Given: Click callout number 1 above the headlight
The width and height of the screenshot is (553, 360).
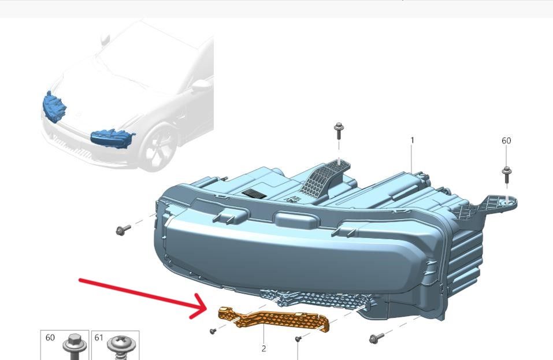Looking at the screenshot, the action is (x=412, y=140).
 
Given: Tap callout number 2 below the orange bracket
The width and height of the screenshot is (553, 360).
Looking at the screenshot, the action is (x=264, y=348).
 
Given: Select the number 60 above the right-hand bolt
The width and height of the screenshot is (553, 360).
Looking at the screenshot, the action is (x=506, y=140).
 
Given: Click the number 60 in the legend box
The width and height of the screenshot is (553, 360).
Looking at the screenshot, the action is (x=50, y=337).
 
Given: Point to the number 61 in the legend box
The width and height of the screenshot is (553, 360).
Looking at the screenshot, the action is (x=99, y=337).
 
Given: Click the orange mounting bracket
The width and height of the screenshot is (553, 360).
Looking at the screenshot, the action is (x=273, y=319).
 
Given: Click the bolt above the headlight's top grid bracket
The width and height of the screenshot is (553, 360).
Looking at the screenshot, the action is (x=339, y=131).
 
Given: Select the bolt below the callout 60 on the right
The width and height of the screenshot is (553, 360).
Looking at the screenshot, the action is (x=506, y=175).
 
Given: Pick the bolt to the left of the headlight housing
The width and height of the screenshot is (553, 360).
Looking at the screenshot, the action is (x=123, y=230).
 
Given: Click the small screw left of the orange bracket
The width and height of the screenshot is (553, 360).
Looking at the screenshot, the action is (x=213, y=331).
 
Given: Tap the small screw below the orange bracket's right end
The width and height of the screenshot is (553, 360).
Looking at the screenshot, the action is (x=298, y=339).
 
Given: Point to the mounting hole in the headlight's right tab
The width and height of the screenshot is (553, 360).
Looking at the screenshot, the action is (x=507, y=201).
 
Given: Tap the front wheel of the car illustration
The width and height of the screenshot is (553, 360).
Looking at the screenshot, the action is (x=159, y=146).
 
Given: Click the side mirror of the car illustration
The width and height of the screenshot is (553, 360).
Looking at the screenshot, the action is (x=201, y=85).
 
